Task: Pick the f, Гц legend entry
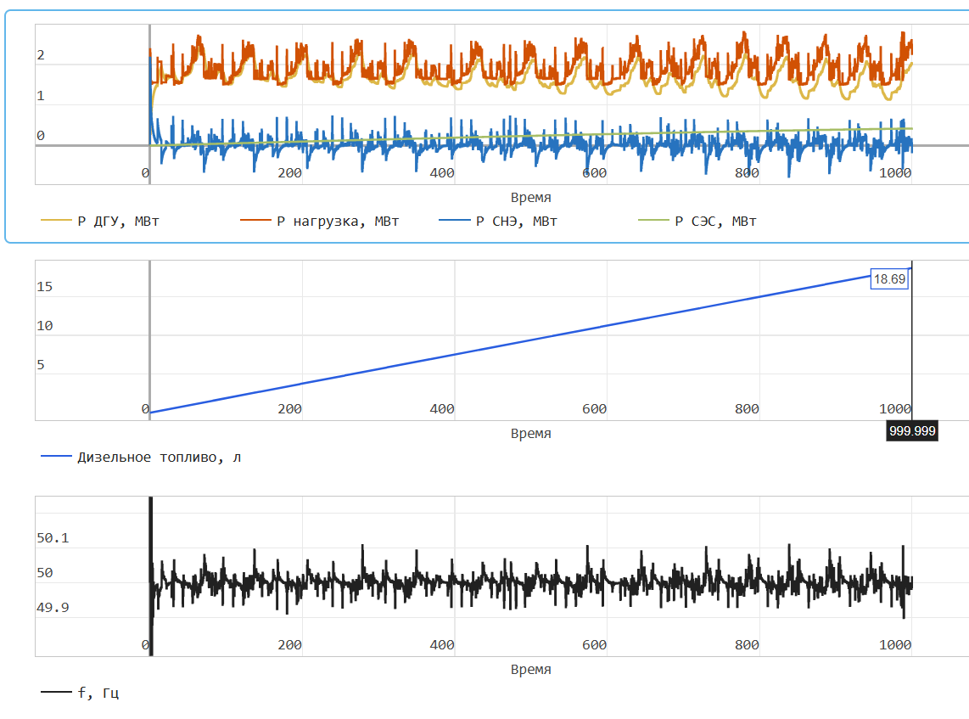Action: coord(98,693)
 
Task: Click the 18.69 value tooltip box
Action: coord(890,278)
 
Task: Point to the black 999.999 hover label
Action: coord(912,431)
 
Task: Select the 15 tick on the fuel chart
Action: coord(44,287)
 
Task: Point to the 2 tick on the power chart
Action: coord(41,56)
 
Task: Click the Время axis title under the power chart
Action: coord(530,197)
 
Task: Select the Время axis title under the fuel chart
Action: coord(530,433)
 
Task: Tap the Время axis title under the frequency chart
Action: coord(530,669)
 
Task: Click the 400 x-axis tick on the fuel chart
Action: coord(442,409)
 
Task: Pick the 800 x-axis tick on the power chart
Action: coord(747,173)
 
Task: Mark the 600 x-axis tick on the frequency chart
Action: coord(594,645)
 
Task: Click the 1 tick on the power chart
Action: coord(41,96)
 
